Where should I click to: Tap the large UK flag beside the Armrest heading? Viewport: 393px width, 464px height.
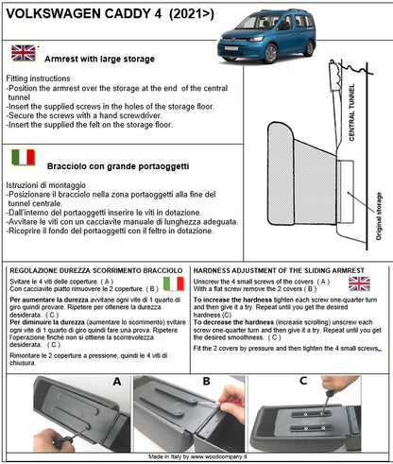(x=24, y=54)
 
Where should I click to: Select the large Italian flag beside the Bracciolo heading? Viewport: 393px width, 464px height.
(x=24, y=157)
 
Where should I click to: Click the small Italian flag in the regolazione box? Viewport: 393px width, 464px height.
(x=173, y=284)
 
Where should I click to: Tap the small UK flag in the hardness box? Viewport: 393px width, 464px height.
(x=359, y=283)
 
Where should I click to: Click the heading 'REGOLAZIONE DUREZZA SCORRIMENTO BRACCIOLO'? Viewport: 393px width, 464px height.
(x=94, y=269)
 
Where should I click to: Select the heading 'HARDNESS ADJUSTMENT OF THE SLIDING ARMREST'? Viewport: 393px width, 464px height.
(x=283, y=269)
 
